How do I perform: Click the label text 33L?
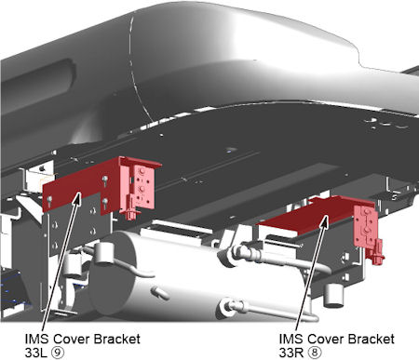tap(37, 353)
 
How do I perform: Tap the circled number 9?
tap(59, 353)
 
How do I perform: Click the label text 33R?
tap(291, 353)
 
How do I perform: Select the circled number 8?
tap(315, 353)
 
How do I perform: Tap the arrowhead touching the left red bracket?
tap(77, 198)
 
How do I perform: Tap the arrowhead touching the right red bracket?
tap(324, 221)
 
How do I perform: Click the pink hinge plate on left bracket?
tap(143, 186)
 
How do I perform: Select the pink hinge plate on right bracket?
tap(366, 227)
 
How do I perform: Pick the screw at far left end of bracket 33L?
tap(49, 199)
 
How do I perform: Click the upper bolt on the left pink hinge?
tap(142, 172)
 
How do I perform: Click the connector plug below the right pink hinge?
tap(376, 253)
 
